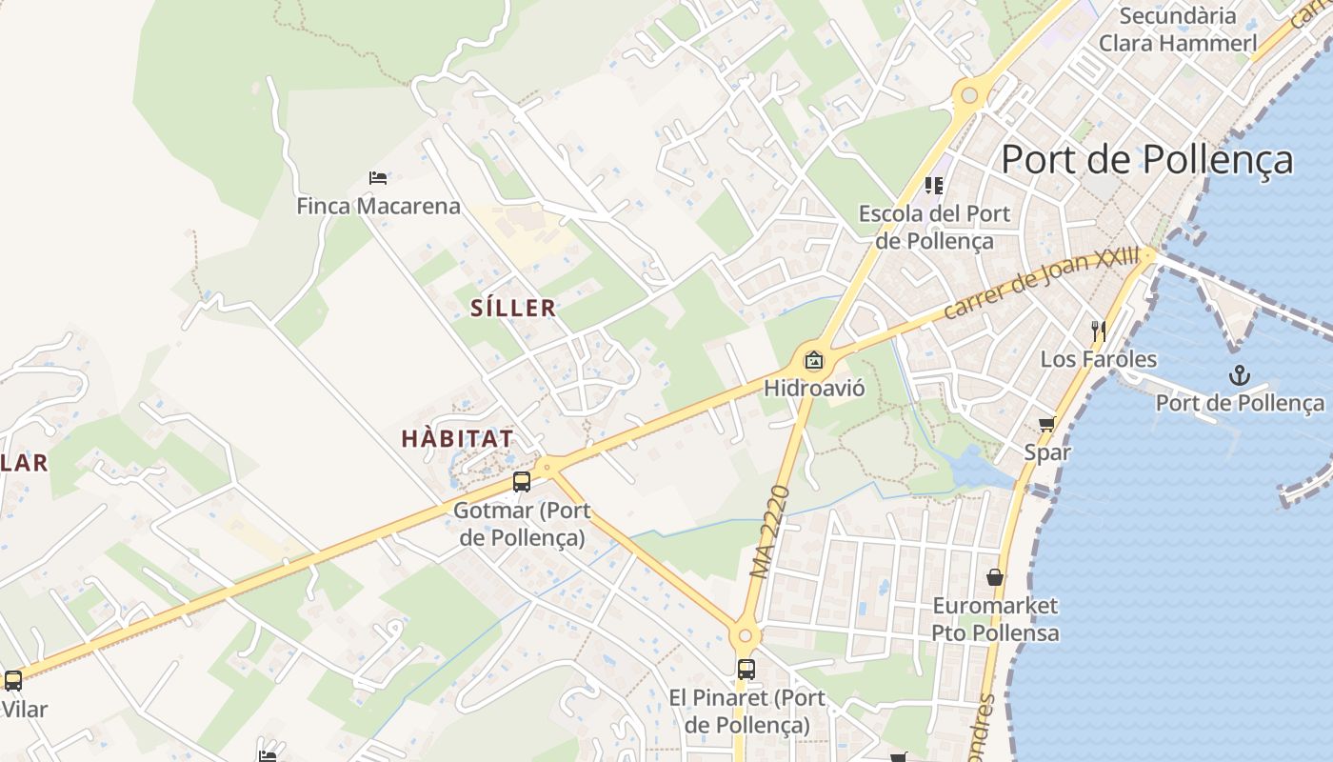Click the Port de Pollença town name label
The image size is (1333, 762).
click(x=1146, y=159)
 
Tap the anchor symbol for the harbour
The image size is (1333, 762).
click(x=1239, y=375)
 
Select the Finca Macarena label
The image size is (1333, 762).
click(x=378, y=206)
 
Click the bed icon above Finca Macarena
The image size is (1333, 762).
click(x=378, y=177)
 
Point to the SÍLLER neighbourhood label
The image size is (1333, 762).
click(x=513, y=308)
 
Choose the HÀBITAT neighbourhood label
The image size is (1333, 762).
click(x=457, y=439)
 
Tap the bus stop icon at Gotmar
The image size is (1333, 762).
click(x=521, y=481)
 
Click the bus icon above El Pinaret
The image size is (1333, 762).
click(x=746, y=669)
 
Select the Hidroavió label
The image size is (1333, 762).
click(x=814, y=388)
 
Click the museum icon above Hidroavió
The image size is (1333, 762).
click(x=813, y=360)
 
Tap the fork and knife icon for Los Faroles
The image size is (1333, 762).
click(x=1098, y=331)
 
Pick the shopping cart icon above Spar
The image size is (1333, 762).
click(x=1047, y=424)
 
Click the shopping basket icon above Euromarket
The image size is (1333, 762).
click(x=995, y=577)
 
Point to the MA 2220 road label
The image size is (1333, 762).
click(x=771, y=532)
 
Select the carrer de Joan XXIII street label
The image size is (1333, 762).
click(x=1042, y=284)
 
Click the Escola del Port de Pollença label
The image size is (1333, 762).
click(x=934, y=227)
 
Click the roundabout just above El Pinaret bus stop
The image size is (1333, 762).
click(x=745, y=636)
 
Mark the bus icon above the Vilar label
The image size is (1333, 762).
click(x=13, y=681)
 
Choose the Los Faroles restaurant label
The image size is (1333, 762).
click(x=1098, y=359)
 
